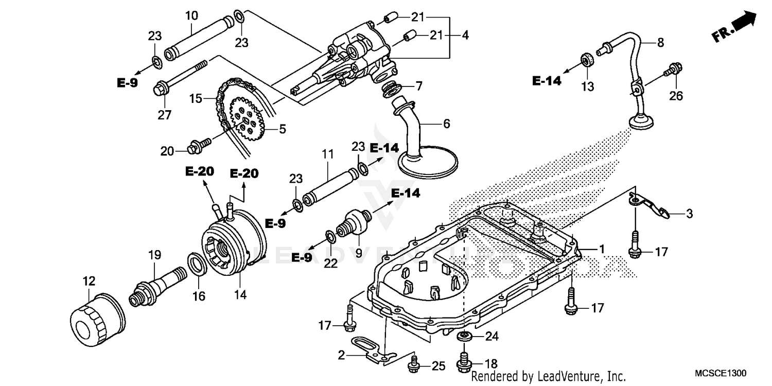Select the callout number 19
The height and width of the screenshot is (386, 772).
[x=155, y=255]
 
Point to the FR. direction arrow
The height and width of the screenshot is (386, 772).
[x=734, y=28]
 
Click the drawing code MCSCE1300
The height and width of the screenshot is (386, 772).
[x=720, y=373]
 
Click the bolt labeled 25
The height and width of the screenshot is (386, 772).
[x=413, y=366]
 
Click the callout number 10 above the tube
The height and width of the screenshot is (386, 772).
[x=191, y=16]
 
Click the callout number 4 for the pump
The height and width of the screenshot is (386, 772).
[x=465, y=36]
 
